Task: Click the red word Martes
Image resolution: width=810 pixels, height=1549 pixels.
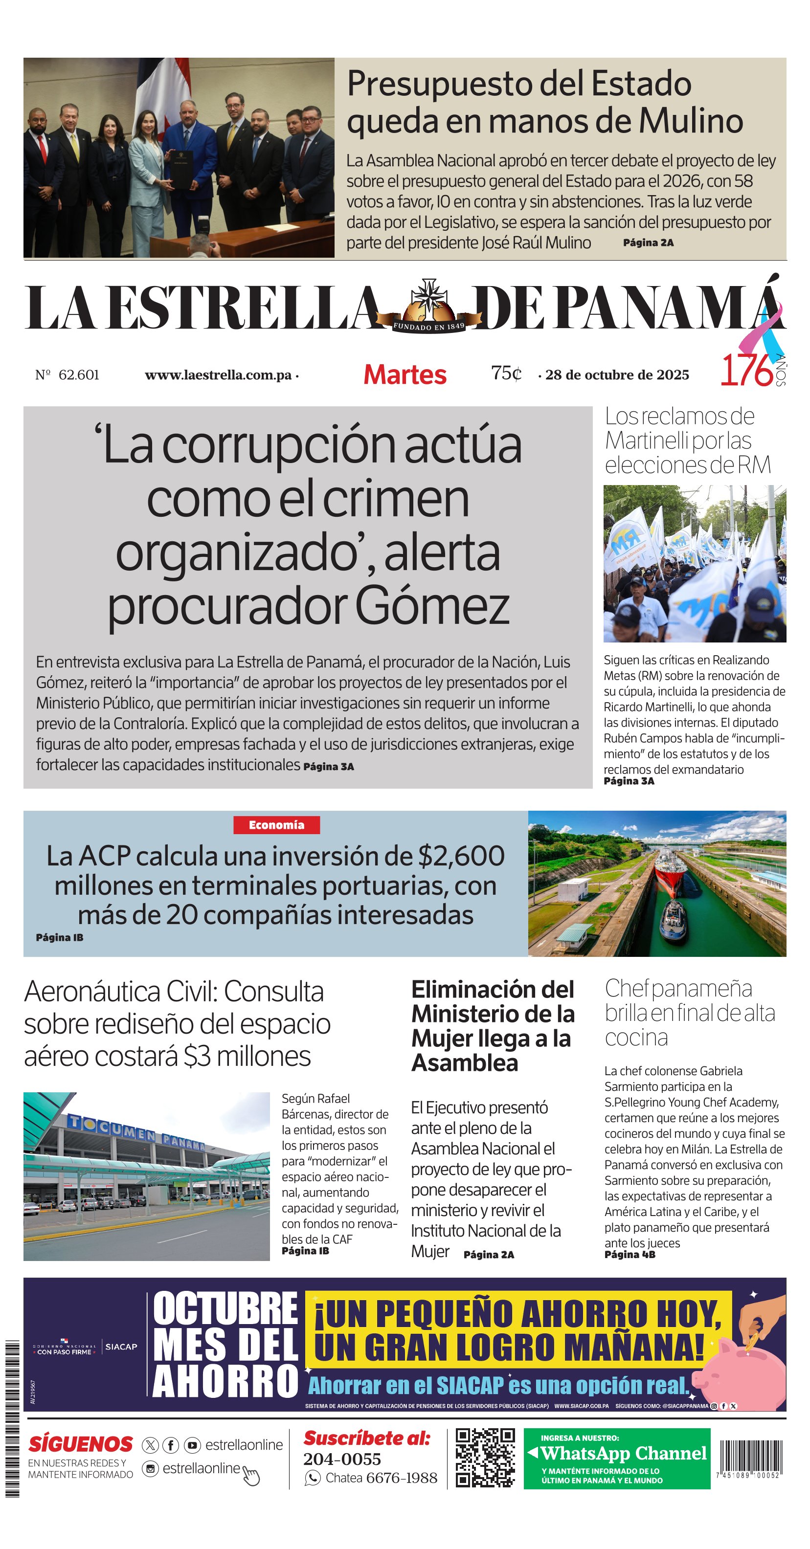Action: tap(405, 375)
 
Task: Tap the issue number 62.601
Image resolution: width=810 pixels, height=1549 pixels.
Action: tap(78, 375)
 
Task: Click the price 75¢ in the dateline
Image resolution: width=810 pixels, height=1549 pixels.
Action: tap(506, 374)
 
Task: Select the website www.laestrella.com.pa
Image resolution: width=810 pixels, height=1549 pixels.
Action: tap(218, 375)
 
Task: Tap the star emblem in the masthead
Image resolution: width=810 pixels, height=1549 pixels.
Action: tap(429, 298)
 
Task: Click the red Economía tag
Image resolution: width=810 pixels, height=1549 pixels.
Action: tap(277, 825)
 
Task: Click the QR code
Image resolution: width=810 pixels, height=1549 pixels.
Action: tap(485, 1458)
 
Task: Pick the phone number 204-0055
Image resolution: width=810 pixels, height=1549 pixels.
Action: tap(342, 1459)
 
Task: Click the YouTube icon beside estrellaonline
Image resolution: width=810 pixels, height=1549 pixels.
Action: tap(192, 1445)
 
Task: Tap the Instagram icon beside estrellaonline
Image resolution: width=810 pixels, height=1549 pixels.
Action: tap(150, 1468)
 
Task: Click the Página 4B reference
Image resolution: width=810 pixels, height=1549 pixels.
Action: tap(630, 1254)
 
